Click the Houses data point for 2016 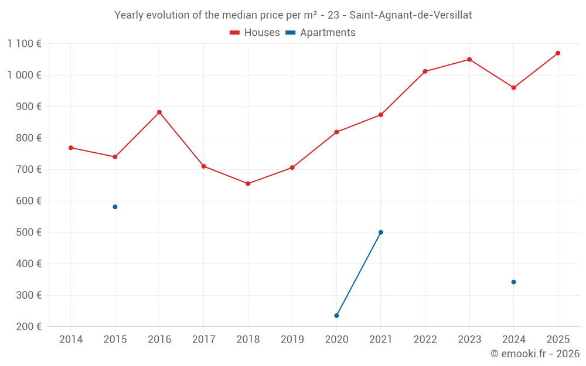[159, 112]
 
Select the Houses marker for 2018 [248, 184]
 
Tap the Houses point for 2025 [558, 53]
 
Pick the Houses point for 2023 [469, 59]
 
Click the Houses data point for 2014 [71, 148]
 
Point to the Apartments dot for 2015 [115, 207]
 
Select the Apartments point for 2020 [336, 316]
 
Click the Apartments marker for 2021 [381, 232]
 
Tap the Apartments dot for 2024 [513, 282]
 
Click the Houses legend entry [255, 33]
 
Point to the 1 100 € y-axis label [24, 43]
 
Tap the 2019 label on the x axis [292, 340]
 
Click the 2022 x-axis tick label [425, 340]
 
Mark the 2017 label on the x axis [203, 340]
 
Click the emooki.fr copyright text [534, 354]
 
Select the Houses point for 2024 [513, 88]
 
